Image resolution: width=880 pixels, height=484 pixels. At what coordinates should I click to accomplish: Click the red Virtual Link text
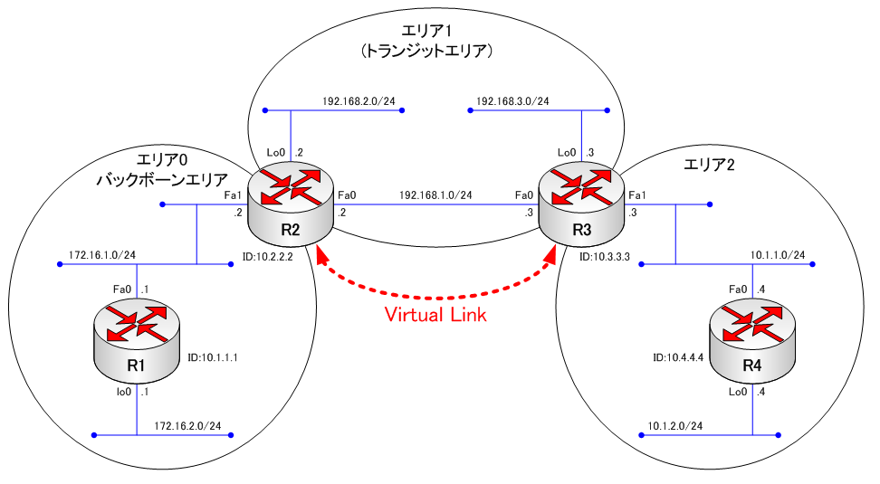(x=435, y=315)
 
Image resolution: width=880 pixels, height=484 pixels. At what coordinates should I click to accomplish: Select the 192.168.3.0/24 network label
(x=512, y=100)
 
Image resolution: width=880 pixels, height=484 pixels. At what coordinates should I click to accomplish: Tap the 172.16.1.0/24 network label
(x=102, y=255)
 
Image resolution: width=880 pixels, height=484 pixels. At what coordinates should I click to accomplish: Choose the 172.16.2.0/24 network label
(x=187, y=425)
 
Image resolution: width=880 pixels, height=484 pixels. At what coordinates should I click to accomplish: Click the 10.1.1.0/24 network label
(x=778, y=255)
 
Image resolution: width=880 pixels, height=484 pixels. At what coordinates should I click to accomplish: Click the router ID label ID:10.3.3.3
(x=607, y=258)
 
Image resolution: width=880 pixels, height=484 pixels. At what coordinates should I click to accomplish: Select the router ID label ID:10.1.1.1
(x=212, y=357)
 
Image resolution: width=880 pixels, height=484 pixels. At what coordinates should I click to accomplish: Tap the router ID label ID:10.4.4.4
(x=677, y=357)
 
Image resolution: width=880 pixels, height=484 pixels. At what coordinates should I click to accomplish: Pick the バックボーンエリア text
(x=161, y=179)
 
